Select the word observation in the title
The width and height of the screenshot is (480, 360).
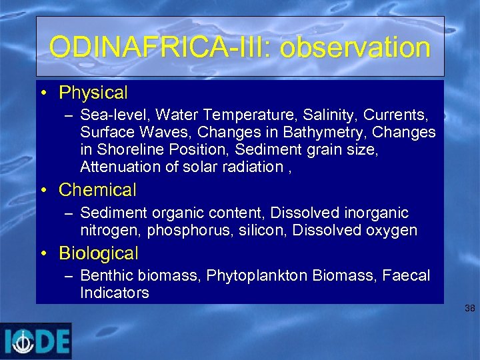[355, 47]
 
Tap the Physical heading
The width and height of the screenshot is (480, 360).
[93, 93]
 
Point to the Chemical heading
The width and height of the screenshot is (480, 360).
[97, 190]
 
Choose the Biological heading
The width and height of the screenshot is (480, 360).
[99, 253]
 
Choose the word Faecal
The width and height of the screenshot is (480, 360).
[406, 275]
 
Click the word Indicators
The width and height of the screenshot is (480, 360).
[114, 293]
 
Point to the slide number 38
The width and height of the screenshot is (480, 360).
[470, 309]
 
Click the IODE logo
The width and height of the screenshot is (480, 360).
[36, 341]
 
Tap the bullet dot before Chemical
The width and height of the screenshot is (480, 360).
[43, 191]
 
